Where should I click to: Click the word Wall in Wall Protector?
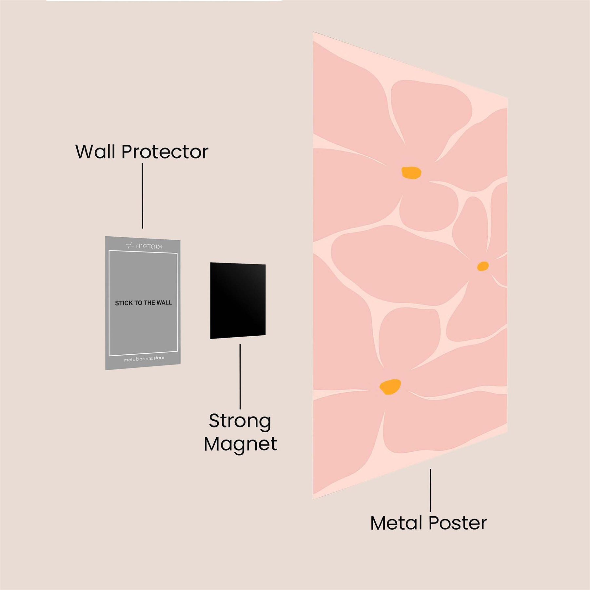[96, 152]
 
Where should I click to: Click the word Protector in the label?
[165, 152]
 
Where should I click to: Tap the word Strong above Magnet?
[240, 421]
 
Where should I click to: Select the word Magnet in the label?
[241, 444]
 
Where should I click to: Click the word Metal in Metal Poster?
[397, 523]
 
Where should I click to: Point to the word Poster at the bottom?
[458, 523]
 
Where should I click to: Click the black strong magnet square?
[238, 301]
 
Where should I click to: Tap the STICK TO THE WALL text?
[143, 303]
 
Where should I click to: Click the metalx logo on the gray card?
[144, 246]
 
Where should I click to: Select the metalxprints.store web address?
[144, 359]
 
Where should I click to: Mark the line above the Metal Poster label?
[430, 490]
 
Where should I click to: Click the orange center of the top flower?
[411, 173]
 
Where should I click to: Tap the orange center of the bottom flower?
[390, 387]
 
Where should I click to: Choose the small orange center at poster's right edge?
[482, 266]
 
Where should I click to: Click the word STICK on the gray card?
[124, 303]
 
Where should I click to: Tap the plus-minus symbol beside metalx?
[130, 246]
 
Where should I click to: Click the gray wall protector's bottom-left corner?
[106, 369]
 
